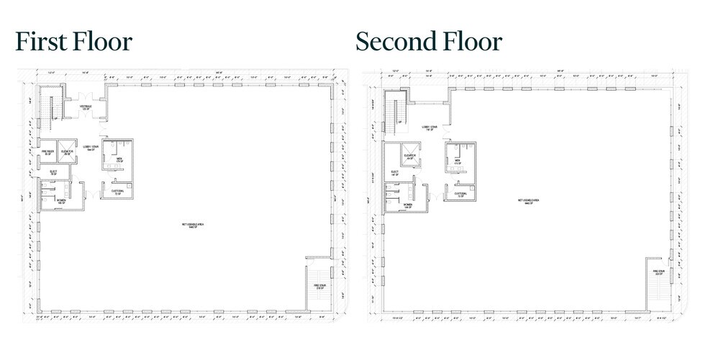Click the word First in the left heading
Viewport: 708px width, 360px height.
(42, 41)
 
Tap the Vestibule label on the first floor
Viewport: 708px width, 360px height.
(86, 107)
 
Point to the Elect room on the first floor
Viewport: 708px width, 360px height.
(53, 172)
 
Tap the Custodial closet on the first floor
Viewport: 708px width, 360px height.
(115, 192)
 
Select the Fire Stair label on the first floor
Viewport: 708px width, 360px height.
(319, 286)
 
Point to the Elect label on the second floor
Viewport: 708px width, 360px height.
(394, 173)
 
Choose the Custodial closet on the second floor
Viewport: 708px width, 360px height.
(460, 194)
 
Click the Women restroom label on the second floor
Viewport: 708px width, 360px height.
(407, 205)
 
